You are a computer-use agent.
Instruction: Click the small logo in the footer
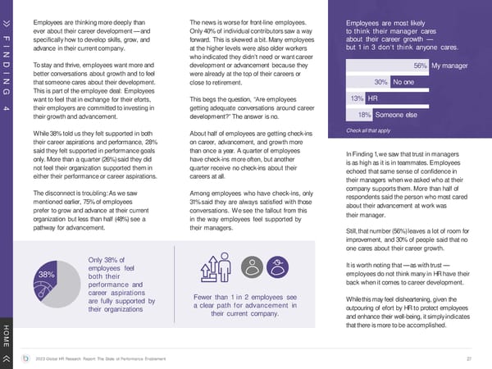pyautogui.click(x=28, y=358)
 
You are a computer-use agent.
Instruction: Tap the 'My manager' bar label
pyautogui.click(x=449, y=65)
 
